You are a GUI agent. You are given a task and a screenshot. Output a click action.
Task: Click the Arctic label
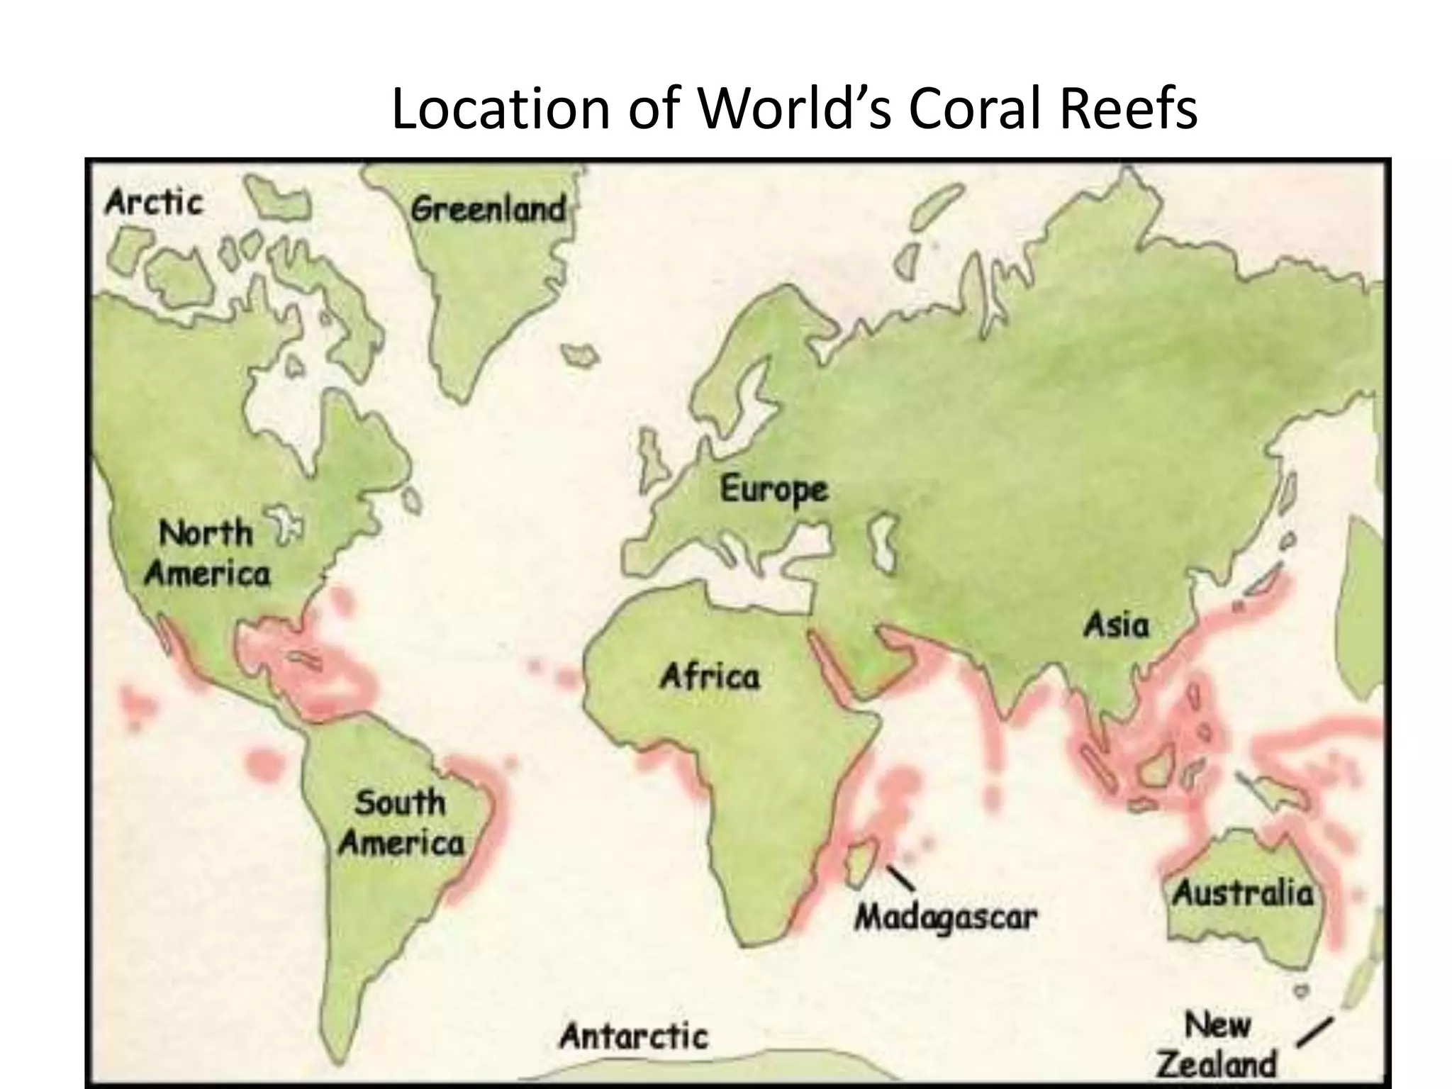click(154, 203)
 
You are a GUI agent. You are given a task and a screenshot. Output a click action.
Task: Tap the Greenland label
click(488, 209)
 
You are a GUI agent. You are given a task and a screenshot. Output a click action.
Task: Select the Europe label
click(774, 489)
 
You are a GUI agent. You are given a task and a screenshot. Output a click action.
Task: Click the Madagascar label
click(945, 918)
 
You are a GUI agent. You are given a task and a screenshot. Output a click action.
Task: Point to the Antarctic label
click(634, 1037)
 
